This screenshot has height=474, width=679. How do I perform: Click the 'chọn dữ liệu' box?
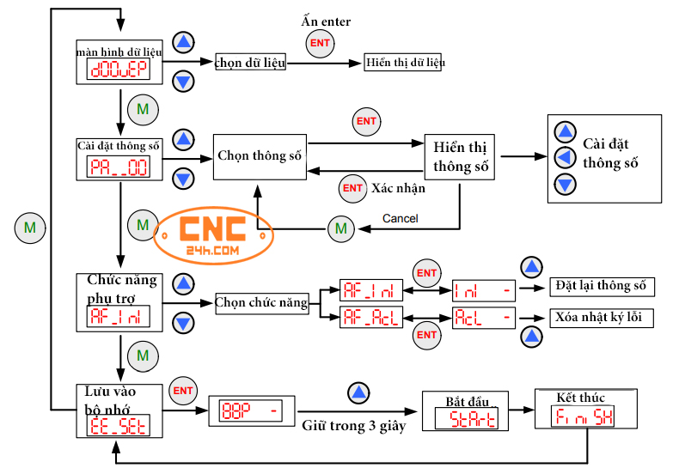pyautogui.click(x=250, y=63)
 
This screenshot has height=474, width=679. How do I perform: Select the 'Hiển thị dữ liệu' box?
pyautogui.click(x=404, y=63)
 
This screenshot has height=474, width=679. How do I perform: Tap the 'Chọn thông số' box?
pyautogui.click(x=260, y=156)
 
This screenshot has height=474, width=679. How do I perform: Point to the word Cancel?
pyautogui.click(x=400, y=218)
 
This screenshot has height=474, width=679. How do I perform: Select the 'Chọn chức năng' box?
pyautogui.click(x=261, y=302)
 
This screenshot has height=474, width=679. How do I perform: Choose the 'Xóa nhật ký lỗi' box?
pyautogui.click(x=599, y=317)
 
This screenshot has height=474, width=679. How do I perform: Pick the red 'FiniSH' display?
pyautogui.click(x=584, y=418)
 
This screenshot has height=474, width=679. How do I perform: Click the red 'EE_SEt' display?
pyautogui.click(x=118, y=423)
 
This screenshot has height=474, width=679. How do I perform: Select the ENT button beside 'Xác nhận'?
pyautogui.click(x=352, y=188)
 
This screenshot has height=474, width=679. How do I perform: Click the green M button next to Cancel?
pyautogui.click(x=340, y=228)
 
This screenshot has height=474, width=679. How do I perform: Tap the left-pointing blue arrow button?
pyautogui.click(x=565, y=157)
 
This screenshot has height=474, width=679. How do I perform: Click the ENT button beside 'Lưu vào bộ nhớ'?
pyautogui.click(x=183, y=391)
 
